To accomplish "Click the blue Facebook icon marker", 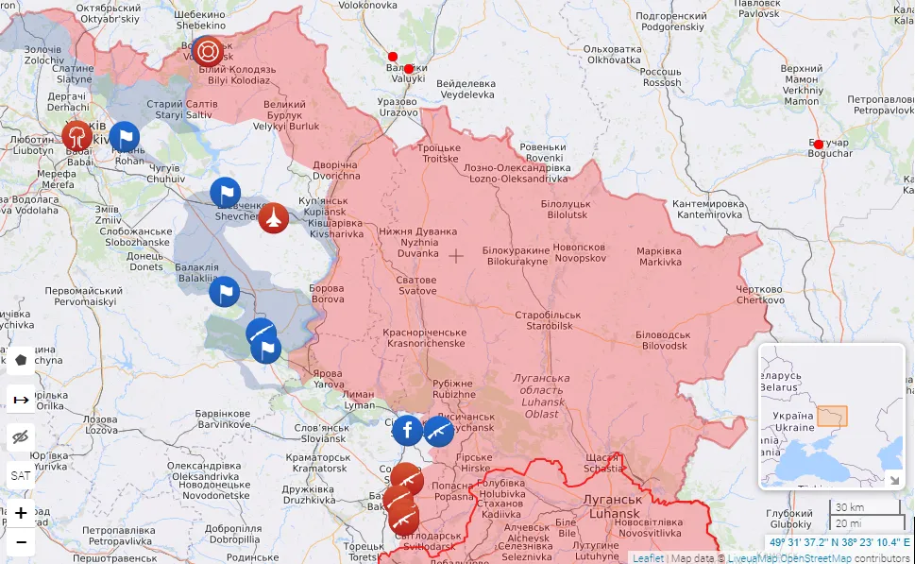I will [x=407, y=431].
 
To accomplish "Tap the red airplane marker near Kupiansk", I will [x=273, y=218].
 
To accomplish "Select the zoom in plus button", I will [x=21, y=513].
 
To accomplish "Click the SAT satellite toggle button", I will [x=21, y=475].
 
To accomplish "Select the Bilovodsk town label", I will [x=661, y=340].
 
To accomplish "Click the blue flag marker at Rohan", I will [x=125, y=137].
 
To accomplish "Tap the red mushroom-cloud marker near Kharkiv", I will [x=77, y=135].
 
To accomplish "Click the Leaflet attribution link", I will [x=648, y=557].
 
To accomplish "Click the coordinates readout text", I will [x=839, y=543].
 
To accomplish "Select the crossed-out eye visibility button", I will [x=21, y=436].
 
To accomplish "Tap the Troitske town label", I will [x=439, y=153].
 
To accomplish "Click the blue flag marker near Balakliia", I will [x=224, y=291].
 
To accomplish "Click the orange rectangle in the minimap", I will [x=832, y=416].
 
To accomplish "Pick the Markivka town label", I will [x=659, y=256].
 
